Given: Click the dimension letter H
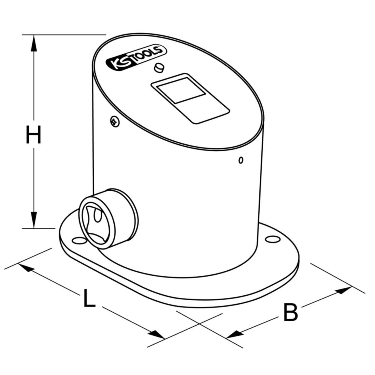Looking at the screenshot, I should (x=33, y=135).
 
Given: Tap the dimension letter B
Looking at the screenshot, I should (x=290, y=312).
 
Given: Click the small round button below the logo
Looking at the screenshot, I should (x=159, y=67).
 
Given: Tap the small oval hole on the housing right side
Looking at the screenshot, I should (x=241, y=160).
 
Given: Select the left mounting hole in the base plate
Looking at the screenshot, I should (x=77, y=240).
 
